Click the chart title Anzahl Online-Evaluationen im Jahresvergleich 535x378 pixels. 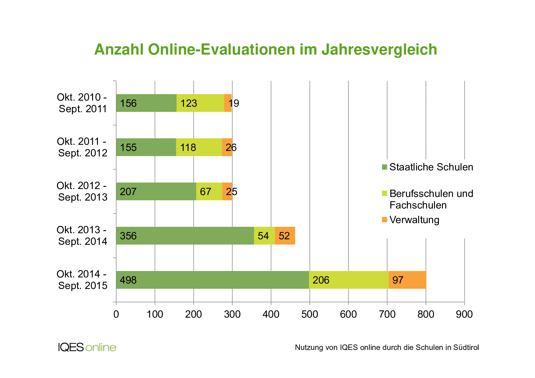point(265,49)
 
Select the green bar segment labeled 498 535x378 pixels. point(212,280)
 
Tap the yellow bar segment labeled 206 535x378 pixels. point(349,280)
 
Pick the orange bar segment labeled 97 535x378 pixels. point(407,280)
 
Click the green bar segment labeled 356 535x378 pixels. point(185,236)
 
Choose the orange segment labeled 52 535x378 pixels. point(285,236)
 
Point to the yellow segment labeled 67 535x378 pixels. point(209,191)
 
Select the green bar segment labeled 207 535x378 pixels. point(156,191)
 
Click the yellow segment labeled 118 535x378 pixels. point(199,147)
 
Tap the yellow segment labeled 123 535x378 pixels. point(200,103)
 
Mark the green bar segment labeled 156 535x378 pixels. point(146,103)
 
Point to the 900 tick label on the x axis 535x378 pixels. point(464,314)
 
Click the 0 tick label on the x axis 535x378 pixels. point(116,314)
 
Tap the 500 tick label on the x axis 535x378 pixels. point(310,314)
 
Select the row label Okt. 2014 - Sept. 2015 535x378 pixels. point(82,280)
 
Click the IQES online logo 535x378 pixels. point(87,347)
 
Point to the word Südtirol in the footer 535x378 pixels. point(466,348)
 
